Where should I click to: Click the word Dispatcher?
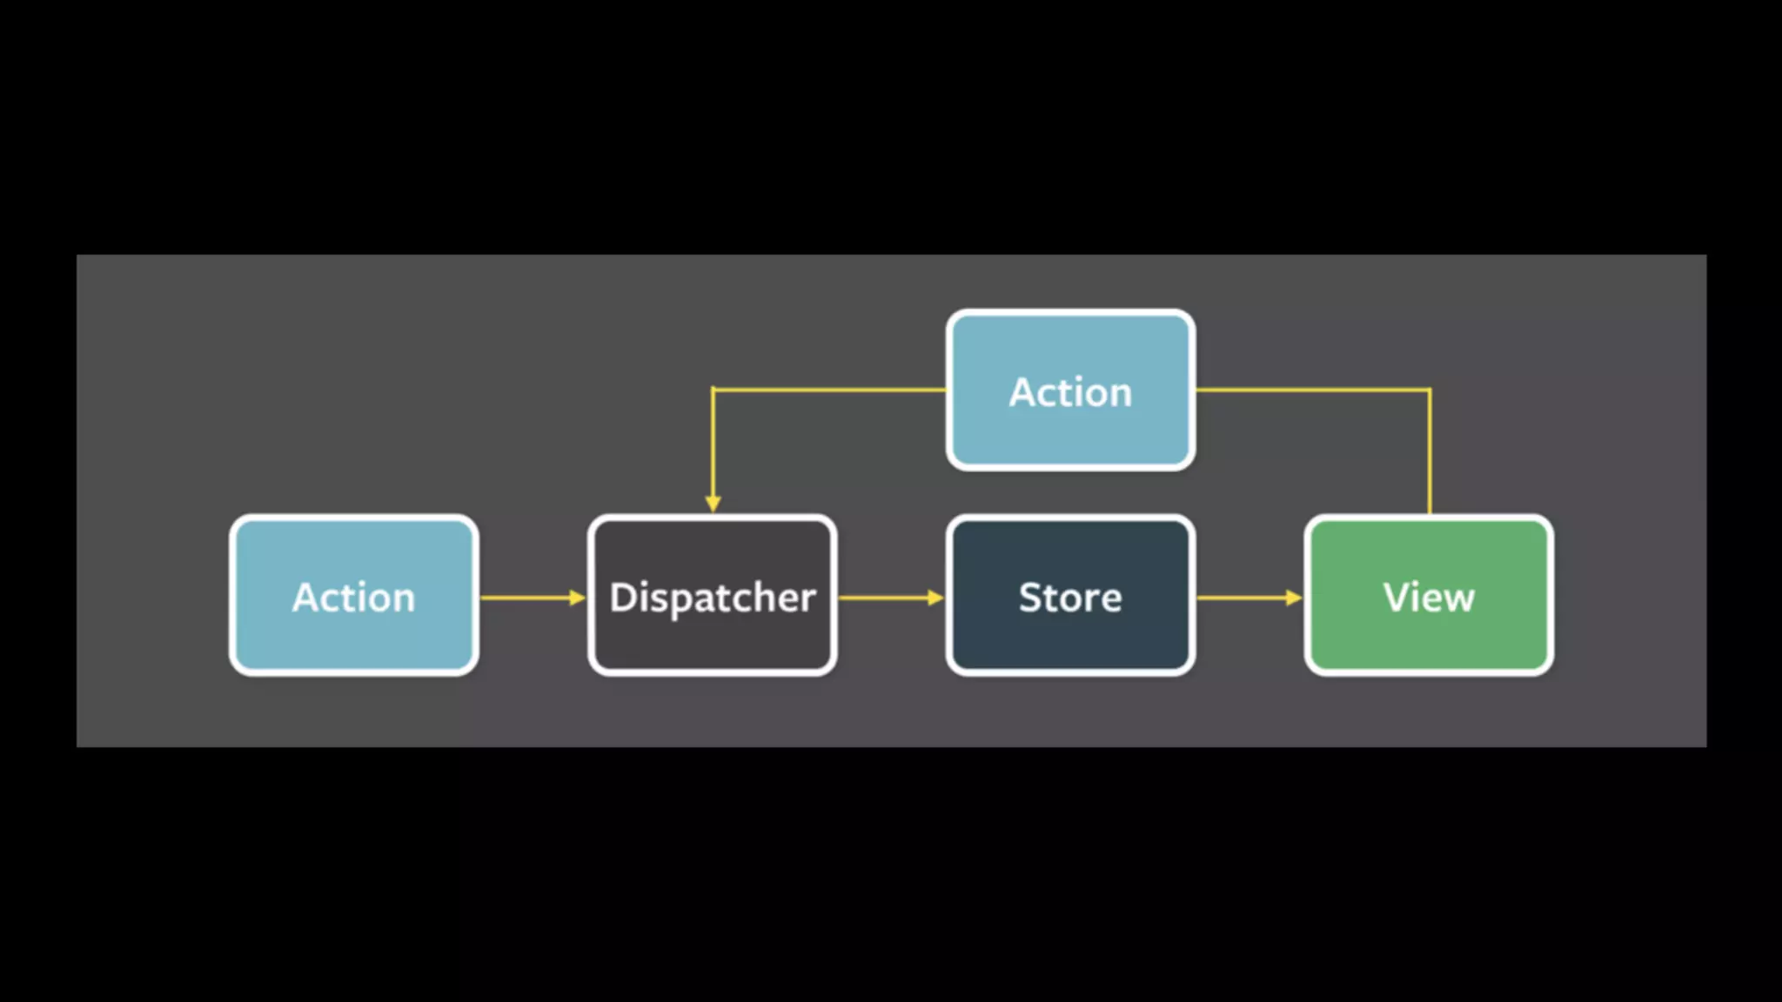pos(712,598)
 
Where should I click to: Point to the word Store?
pos(1070,598)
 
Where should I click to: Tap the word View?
pos(1429,598)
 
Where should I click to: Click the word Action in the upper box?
pos(1070,392)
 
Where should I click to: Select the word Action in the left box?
pos(353,598)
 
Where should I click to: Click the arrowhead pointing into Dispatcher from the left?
pos(577,598)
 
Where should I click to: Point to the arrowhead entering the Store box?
pos(935,598)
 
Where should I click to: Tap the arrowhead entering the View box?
pos(1294,598)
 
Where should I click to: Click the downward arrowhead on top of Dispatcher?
pos(713,504)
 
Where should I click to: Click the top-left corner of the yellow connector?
pos(713,390)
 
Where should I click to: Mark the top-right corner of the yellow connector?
pos(1429,390)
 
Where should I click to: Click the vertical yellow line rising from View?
pos(1429,452)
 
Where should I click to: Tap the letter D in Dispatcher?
pos(622,598)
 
